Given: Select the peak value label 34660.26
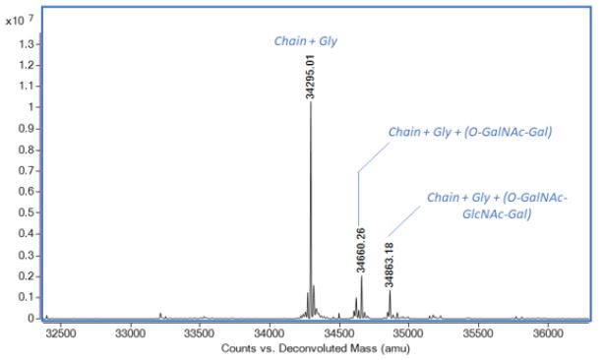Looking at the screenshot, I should (361, 250).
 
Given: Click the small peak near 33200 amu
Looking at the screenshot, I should (160, 315).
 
